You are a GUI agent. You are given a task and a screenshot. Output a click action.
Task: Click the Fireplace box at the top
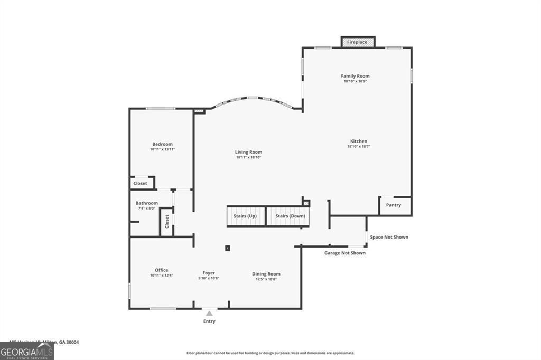[358, 42]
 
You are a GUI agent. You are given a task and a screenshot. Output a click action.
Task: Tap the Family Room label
[355, 76]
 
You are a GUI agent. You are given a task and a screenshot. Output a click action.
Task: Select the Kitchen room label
[359, 141]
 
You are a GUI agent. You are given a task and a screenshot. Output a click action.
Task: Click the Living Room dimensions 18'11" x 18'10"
[249, 157]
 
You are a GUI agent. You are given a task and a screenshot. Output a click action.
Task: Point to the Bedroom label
[162, 144]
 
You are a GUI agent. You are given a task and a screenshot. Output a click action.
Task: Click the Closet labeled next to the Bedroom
[141, 183]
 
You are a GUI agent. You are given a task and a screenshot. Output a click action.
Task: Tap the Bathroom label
[146, 203]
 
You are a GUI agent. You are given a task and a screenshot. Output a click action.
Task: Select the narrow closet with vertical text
[167, 221]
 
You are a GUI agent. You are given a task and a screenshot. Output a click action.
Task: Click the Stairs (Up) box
[245, 216]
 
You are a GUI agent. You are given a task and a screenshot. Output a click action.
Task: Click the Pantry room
[394, 205]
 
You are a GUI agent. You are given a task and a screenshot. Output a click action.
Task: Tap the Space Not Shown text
[389, 237]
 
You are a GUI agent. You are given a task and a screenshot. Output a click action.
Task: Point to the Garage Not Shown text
[344, 253]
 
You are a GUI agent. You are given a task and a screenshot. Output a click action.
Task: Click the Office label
[162, 270]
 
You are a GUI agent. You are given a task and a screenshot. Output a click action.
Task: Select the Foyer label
[208, 273]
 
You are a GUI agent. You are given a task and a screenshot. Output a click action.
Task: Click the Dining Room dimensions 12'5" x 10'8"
[266, 279]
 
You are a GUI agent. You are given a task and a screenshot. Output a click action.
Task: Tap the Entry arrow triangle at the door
[209, 314]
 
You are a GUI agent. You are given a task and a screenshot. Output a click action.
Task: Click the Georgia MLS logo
[26, 352]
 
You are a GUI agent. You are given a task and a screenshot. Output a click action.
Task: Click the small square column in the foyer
[228, 247]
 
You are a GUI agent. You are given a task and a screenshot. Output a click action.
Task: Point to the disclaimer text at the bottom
[270, 353]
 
